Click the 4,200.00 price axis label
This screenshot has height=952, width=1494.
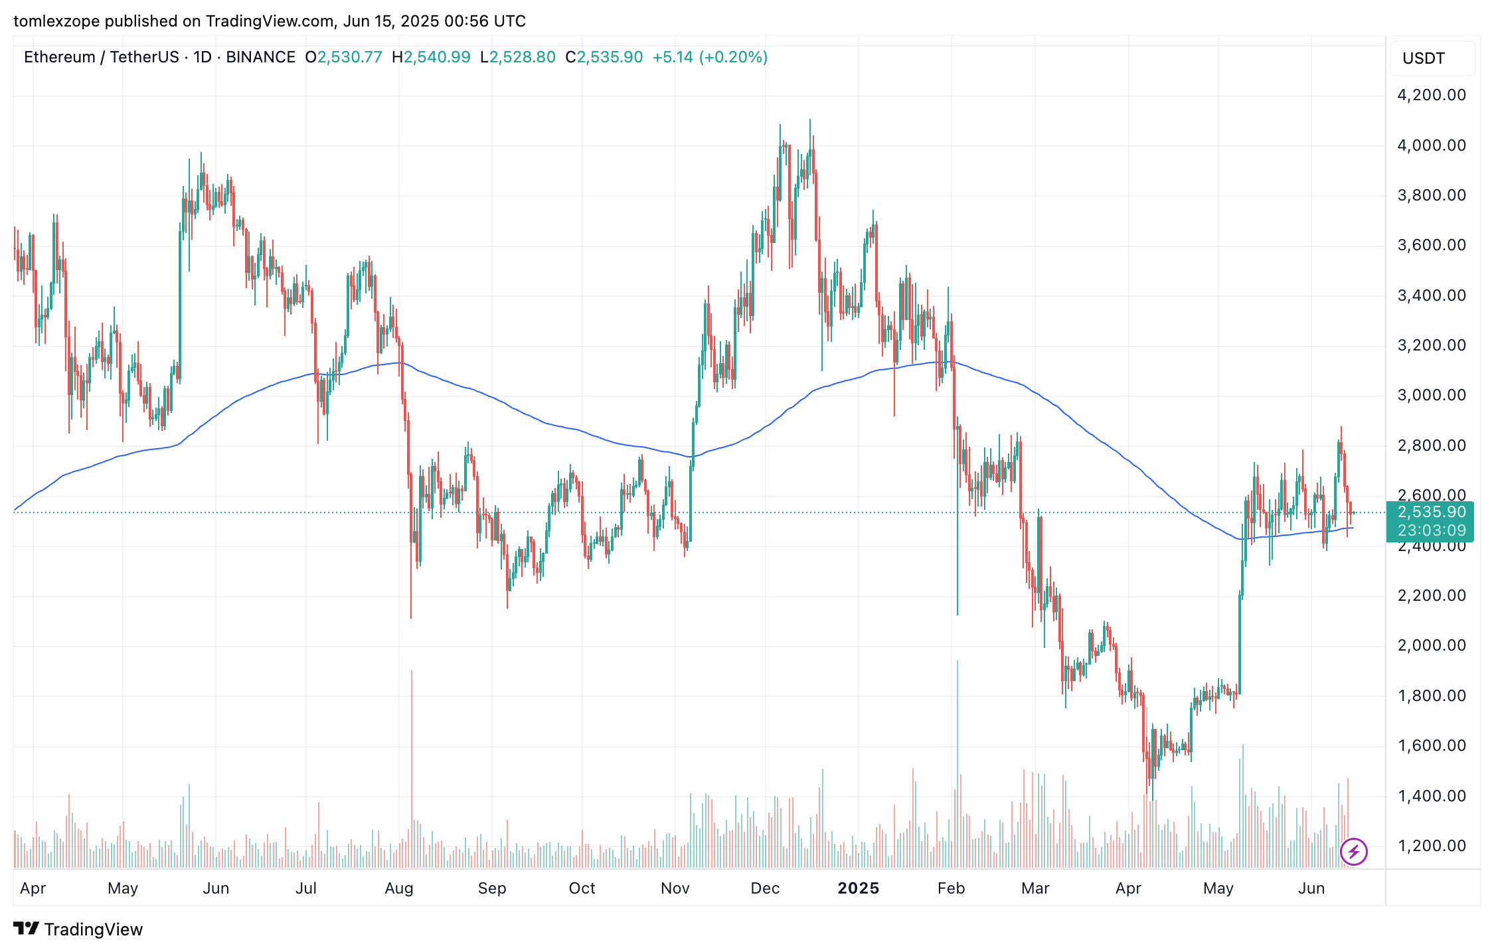click(1431, 95)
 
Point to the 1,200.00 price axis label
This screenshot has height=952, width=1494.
click(1431, 846)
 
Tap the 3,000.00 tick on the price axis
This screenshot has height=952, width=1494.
click(1431, 395)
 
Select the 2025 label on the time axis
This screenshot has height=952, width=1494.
click(858, 888)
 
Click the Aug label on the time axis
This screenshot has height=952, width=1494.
click(399, 888)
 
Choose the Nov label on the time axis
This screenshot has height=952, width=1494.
click(675, 888)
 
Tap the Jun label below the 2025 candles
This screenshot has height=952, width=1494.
click(1311, 888)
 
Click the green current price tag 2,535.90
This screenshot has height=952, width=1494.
click(1431, 512)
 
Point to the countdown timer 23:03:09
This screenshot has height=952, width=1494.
click(1431, 530)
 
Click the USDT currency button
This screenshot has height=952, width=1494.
click(1423, 58)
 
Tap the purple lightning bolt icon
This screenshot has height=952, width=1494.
click(1353, 851)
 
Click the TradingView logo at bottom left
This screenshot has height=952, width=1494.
click(78, 929)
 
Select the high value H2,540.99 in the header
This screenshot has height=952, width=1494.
click(431, 57)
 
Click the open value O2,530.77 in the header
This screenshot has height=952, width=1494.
click(343, 57)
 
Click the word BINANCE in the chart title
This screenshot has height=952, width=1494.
click(260, 57)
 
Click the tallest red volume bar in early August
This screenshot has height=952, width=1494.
click(412, 770)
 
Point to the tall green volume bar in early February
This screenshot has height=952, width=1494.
click(957, 763)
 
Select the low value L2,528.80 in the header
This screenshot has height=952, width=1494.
click(518, 57)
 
